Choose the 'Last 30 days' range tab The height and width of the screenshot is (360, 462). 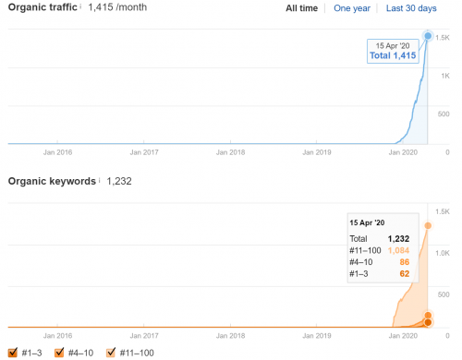[x=411, y=8]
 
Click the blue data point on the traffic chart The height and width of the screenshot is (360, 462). [x=428, y=36]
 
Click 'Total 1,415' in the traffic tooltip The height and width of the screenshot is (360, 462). [x=391, y=56]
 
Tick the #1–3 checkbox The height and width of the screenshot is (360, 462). [x=12, y=352]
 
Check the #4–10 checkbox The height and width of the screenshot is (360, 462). [x=60, y=352]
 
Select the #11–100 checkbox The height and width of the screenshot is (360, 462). [x=112, y=352]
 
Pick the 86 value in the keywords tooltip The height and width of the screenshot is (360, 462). [x=404, y=263]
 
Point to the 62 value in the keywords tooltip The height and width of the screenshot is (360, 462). [x=404, y=275]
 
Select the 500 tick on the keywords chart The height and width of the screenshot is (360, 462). [x=443, y=294]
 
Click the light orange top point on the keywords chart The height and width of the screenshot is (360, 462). [x=428, y=225]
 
